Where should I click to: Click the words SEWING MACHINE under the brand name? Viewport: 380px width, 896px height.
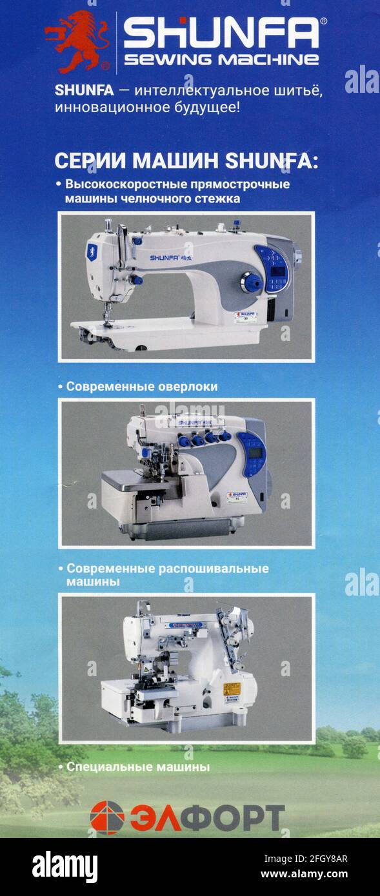tap(221, 60)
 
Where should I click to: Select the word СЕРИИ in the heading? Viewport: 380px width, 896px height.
tap(90, 161)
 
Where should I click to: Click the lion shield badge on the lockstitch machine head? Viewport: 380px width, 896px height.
tap(92, 251)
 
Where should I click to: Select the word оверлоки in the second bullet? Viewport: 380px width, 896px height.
tap(188, 387)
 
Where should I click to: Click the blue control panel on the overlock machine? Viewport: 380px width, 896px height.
tap(252, 454)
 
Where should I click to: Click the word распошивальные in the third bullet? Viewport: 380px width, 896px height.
tap(214, 569)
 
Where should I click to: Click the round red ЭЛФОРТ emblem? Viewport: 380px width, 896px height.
tap(107, 817)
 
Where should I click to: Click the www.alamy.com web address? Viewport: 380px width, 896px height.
tap(305, 874)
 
